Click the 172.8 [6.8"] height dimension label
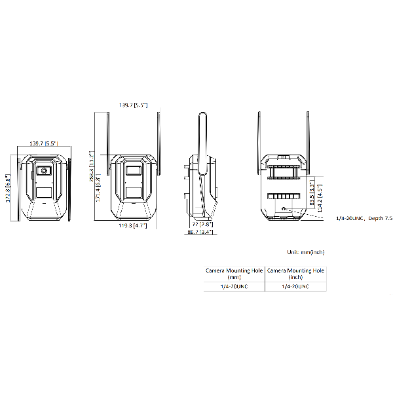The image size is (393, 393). [x=8, y=187]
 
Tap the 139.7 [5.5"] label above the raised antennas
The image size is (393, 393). [x=133, y=105]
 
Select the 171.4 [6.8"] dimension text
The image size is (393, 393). [x=98, y=190]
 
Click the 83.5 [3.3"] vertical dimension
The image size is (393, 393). [x=311, y=196]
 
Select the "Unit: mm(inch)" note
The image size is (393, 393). [x=305, y=252]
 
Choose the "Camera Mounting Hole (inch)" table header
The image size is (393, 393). [x=296, y=272]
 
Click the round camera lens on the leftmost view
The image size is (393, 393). [x=45, y=171]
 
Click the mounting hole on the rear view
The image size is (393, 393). [x=284, y=210]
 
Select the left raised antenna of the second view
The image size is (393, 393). [x=109, y=134]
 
